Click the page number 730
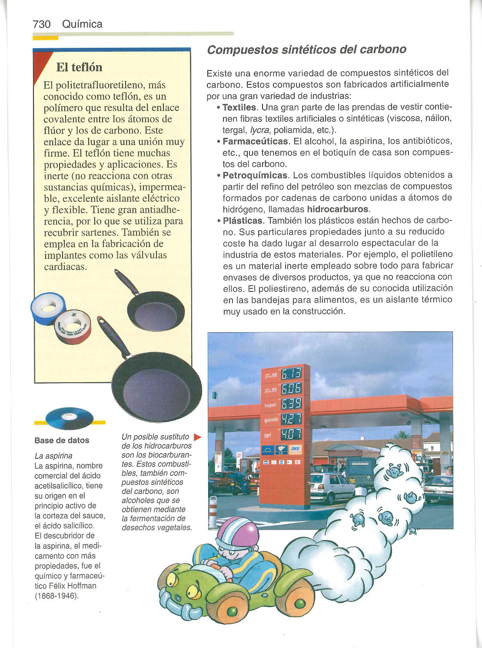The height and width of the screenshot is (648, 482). (x=42, y=24)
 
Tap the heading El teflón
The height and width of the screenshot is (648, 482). (x=79, y=67)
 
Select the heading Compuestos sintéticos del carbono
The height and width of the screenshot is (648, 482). (x=306, y=49)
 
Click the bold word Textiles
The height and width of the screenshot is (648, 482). (x=239, y=107)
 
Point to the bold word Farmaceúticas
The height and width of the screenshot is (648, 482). (x=255, y=141)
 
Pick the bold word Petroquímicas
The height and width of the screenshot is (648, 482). (x=255, y=175)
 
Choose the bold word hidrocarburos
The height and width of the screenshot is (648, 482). (x=337, y=209)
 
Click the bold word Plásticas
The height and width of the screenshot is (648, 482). (x=243, y=220)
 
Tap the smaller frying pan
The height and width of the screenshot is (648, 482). (x=154, y=310)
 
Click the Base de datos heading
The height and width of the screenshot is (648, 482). (x=62, y=440)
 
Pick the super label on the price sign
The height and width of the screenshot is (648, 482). (x=270, y=405)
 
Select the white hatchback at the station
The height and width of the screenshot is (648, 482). (x=332, y=487)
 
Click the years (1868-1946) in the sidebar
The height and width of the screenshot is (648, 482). (x=57, y=596)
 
